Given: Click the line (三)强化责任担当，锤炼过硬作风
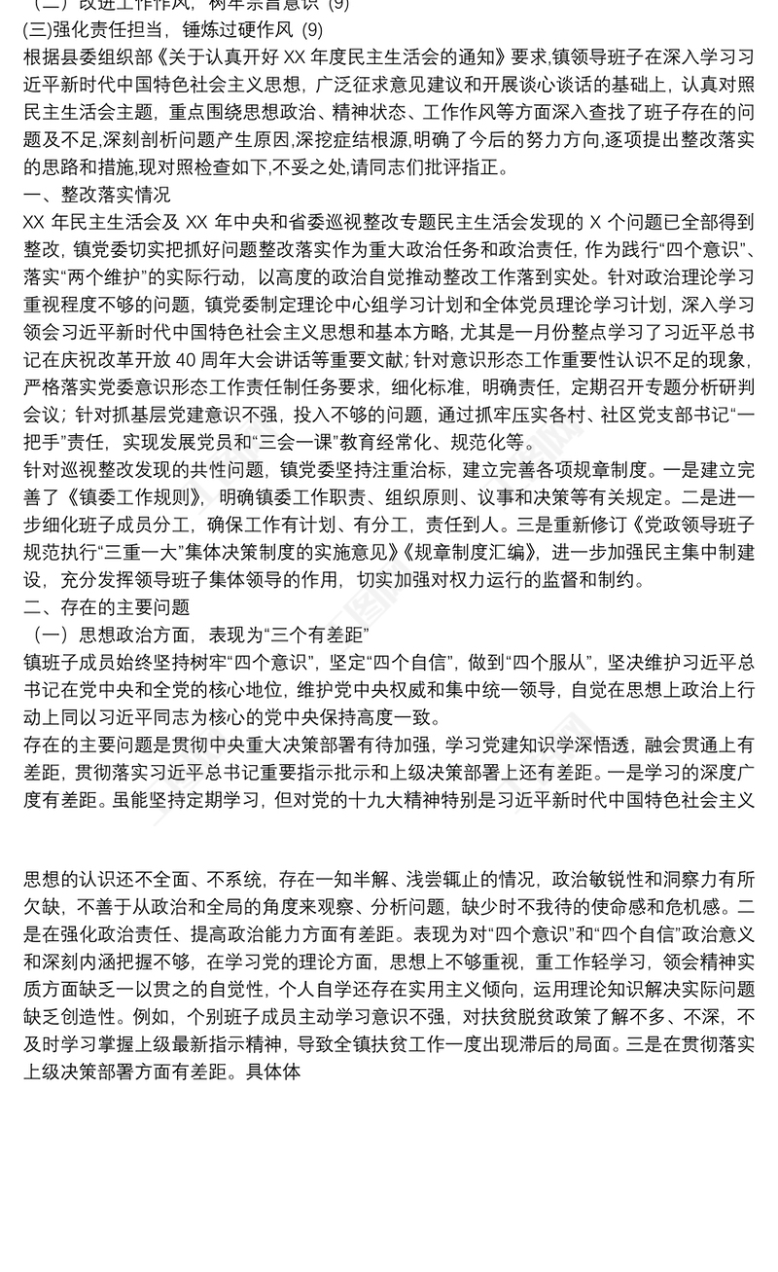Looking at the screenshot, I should point(160,31).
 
